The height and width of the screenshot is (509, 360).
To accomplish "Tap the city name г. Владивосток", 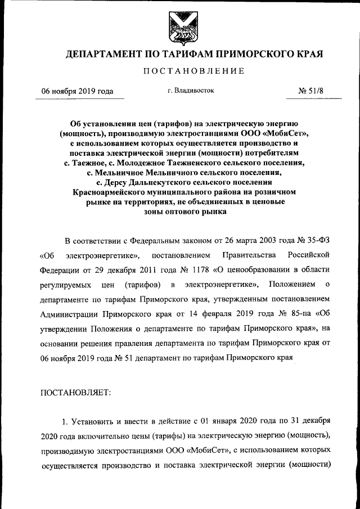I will [191, 90].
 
